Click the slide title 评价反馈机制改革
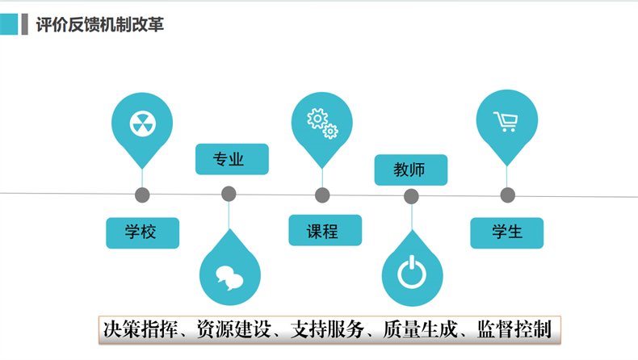click(x=100, y=24)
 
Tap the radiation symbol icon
click(x=142, y=123)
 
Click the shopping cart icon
click(x=506, y=122)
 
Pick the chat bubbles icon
click(x=229, y=276)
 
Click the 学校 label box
click(x=142, y=232)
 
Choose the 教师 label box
click(x=410, y=170)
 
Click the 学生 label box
click(x=507, y=232)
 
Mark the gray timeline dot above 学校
click(x=143, y=195)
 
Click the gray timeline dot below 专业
click(x=229, y=194)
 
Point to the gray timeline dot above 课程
click(x=322, y=195)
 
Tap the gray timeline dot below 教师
click(x=411, y=196)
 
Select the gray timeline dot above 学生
click(x=507, y=195)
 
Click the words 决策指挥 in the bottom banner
click(x=140, y=329)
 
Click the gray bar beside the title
click(x=25, y=24)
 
